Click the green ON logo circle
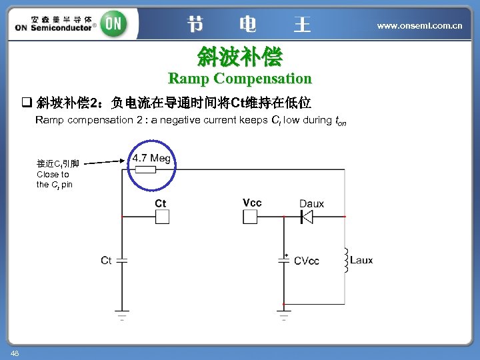[x=113, y=25]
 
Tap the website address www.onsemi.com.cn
[x=419, y=25]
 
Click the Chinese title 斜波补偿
[x=239, y=57]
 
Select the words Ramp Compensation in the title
[x=239, y=78]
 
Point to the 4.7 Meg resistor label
[x=151, y=158]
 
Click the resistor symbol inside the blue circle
[x=145, y=169]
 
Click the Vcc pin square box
[x=251, y=217]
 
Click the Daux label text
[x=311, y=203]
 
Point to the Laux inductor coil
[x=345, y=260]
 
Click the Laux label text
[x=361, y=260]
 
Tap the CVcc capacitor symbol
[x=284, y=261]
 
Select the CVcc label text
[x=306, y=261]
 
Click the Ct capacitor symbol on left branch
[x=121, y=261]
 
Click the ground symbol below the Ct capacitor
[x=121, y=315]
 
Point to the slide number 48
[x=14, y=353]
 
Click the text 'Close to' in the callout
[x=53, y=174]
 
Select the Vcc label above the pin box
[x=252, y=203]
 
